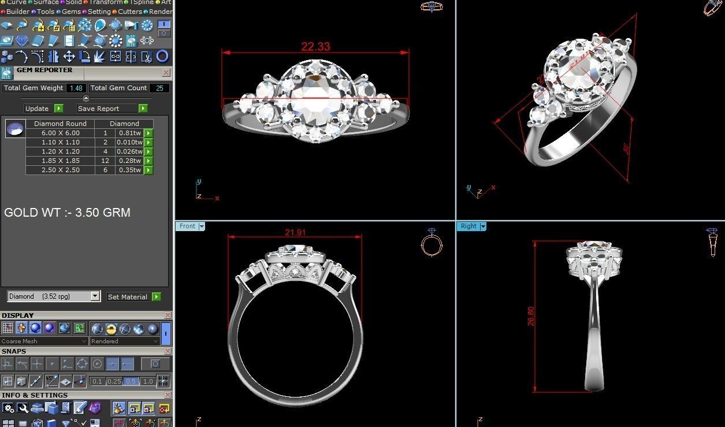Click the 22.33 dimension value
tap(315, 46)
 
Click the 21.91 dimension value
tap(295, 232)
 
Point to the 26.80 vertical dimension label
tap(531, 316)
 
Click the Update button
tap(37, 109)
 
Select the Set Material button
tap(128, 297)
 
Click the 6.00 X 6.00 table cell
tap(60, 133)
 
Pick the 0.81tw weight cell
tap(129, 133)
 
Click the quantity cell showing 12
tap(105, 161)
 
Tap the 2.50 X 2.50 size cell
tap(60, 170)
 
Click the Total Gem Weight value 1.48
tap(76, 88)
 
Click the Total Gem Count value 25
tap(159, 88)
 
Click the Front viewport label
tap(187, 226)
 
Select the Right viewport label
tap(469, 226)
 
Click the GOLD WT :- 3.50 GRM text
tap(67, 213)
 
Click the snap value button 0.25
tap(114, 381)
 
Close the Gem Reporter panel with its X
tap(166, 73)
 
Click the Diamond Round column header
tap(60, 124)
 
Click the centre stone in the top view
tap(315, 99)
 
